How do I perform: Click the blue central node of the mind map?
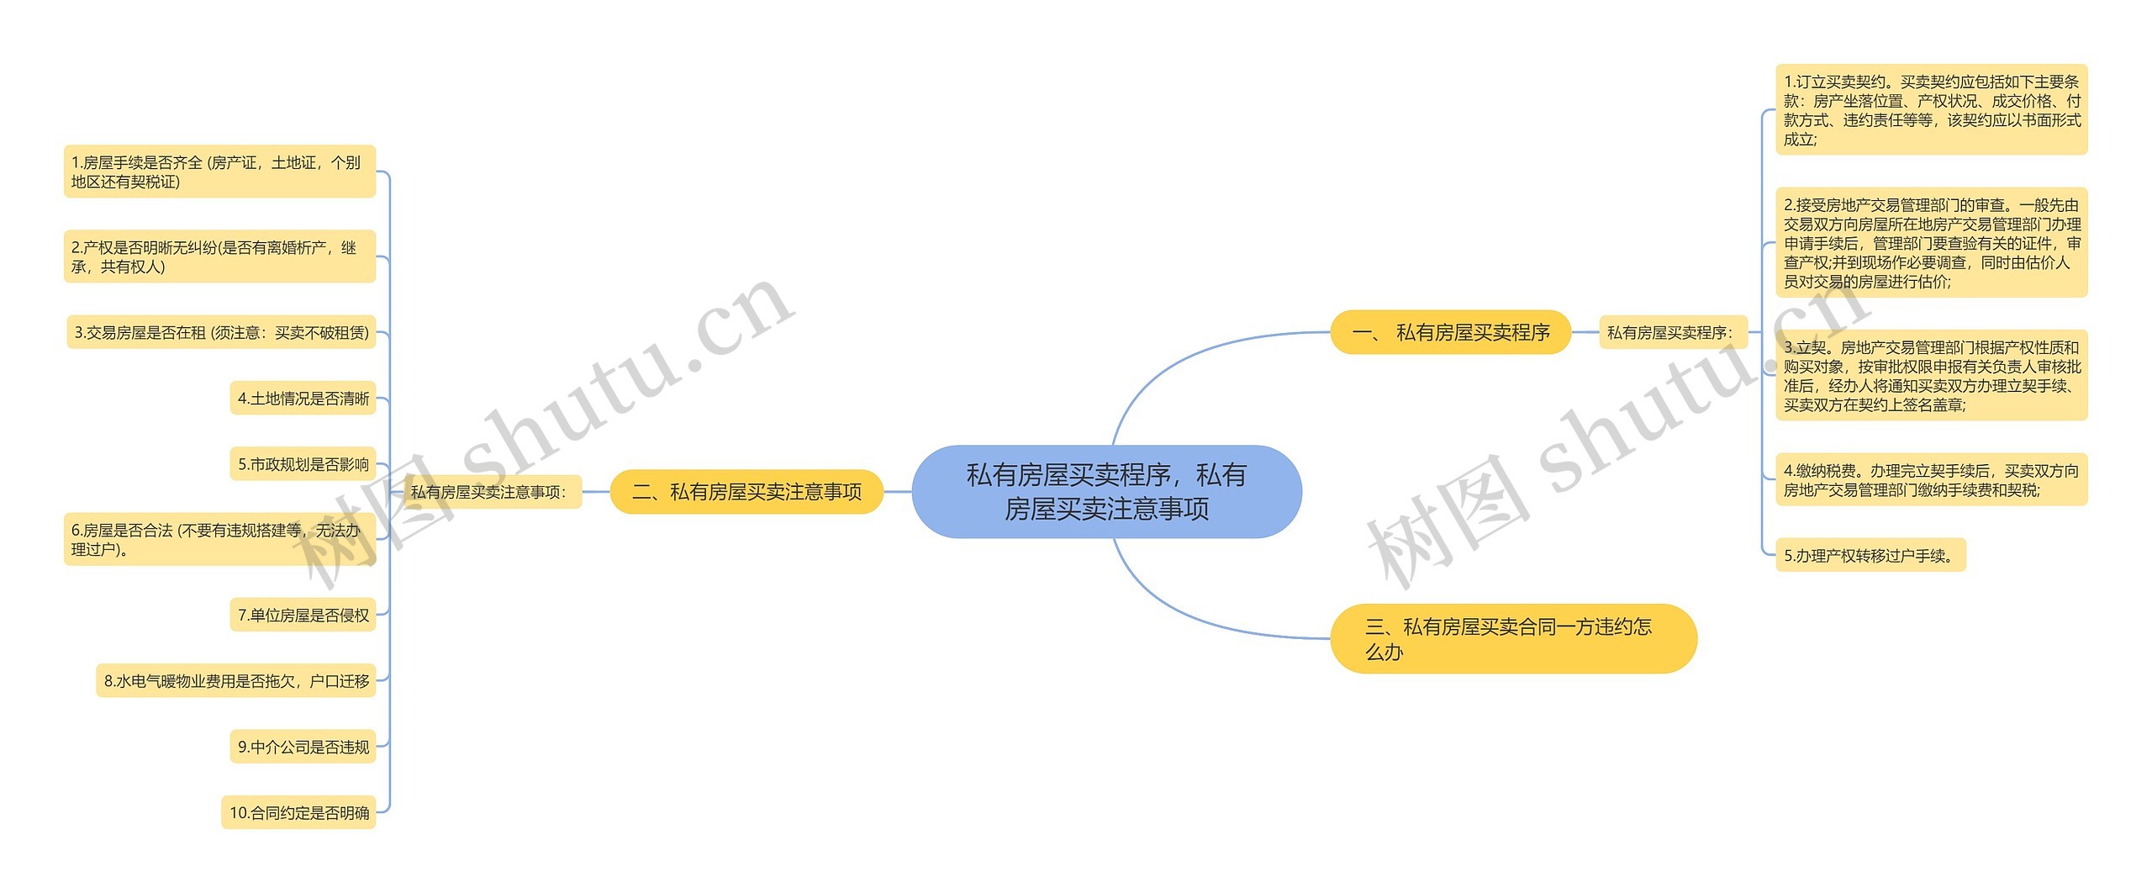point(1106,492)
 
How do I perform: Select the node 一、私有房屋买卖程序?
point(1450,332)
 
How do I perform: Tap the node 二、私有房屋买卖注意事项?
point(746,492)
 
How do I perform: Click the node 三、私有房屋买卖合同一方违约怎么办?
point(1512,638)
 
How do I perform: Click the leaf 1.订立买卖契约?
point(1931,110)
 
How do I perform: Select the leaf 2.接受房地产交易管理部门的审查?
point(1931,243)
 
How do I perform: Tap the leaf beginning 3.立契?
point(1931,376)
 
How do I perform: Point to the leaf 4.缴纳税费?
point(1931,480)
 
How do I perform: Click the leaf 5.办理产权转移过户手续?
point(1870,556)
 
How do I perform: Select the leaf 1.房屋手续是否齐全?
point(219,172)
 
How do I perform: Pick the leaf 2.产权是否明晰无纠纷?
point(219,256)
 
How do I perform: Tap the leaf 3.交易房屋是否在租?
point(221,333)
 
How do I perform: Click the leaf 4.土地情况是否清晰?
point(303,399)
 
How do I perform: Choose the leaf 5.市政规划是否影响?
point(303,464)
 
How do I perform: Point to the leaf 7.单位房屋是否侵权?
point(303,616)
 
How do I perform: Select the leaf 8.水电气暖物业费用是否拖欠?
point(236,681)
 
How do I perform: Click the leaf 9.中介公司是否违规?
point(303,747)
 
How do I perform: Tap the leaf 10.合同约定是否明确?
point(298,813)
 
